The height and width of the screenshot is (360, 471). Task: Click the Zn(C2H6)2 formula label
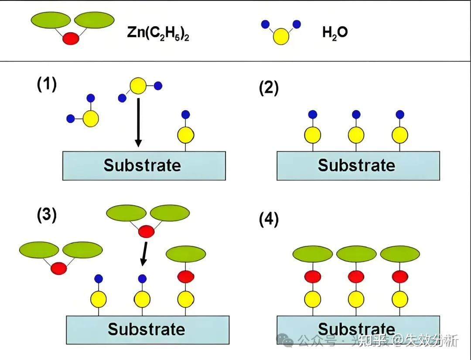click(158, 33)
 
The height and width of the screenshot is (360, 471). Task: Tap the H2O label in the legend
click(335, 32)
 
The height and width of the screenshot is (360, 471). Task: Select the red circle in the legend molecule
click(71, 38)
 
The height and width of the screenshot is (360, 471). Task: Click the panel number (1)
click(47, 84)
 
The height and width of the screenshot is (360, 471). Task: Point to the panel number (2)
click(269, 88)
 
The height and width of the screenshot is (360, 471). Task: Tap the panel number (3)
click(47, 215)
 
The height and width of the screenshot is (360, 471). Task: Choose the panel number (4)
click(269, 220)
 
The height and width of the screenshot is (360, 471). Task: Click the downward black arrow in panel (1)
click(138, 122)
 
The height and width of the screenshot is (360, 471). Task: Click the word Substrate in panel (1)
click(142, 166)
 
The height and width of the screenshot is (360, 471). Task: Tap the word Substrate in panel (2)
click(356, 166)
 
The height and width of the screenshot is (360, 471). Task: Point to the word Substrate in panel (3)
click(146, 329)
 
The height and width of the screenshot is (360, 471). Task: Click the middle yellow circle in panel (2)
click(356, 135)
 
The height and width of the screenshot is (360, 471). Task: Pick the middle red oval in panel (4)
click(356, 276)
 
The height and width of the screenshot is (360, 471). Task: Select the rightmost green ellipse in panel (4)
click(400, 254)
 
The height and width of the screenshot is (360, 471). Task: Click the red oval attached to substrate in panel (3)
click(186, 276)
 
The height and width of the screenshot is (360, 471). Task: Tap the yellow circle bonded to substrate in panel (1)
click(186, 136)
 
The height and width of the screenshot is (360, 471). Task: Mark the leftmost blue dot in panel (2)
click(313, 115)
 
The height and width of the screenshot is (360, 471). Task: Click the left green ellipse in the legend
click(51, 20)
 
